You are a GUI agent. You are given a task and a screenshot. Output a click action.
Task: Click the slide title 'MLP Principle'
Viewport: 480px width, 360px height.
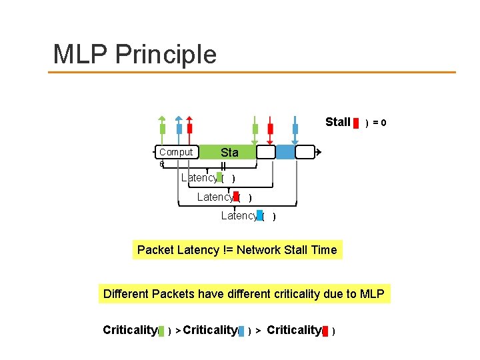pyautogui.click(x=135, y=54)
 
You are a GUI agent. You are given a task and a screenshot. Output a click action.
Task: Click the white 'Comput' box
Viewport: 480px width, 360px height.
pyautogui.click(x=176, y=152)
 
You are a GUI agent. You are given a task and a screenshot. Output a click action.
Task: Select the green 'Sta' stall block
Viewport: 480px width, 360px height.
pyautogui.click(x=229, y=153)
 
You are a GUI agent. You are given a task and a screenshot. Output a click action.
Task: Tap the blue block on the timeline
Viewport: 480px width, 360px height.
pyautogui.click(x=285, y=153)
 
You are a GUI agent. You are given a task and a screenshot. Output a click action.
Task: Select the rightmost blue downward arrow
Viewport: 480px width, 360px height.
pyautogui.click(x=295, y=129)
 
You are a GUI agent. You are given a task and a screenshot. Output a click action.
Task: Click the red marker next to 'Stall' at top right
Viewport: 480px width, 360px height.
pyautogui.click(x=357, y=123)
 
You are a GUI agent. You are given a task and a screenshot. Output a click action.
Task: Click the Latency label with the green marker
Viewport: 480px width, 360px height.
pyautogui.click(x=199, y=177)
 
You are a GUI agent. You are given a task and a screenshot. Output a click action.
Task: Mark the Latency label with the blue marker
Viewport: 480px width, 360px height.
pyautogui.click(x=239, y=215)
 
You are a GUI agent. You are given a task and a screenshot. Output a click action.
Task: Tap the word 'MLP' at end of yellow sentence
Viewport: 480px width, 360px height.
pyautogui.click(x=372, y=294)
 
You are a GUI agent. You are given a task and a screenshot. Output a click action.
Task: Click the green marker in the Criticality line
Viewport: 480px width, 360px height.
pyautogui.click(x=161, y=331)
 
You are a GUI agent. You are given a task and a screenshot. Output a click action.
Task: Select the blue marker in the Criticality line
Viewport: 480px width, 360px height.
pyautogui.click(x=241, y=331)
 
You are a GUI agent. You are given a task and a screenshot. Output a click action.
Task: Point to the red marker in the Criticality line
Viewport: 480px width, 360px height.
pyautogui.click(x=325, y=331)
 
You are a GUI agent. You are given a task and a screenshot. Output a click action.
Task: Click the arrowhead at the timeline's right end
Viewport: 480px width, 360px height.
pyautogui.click(x=319, y=153)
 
